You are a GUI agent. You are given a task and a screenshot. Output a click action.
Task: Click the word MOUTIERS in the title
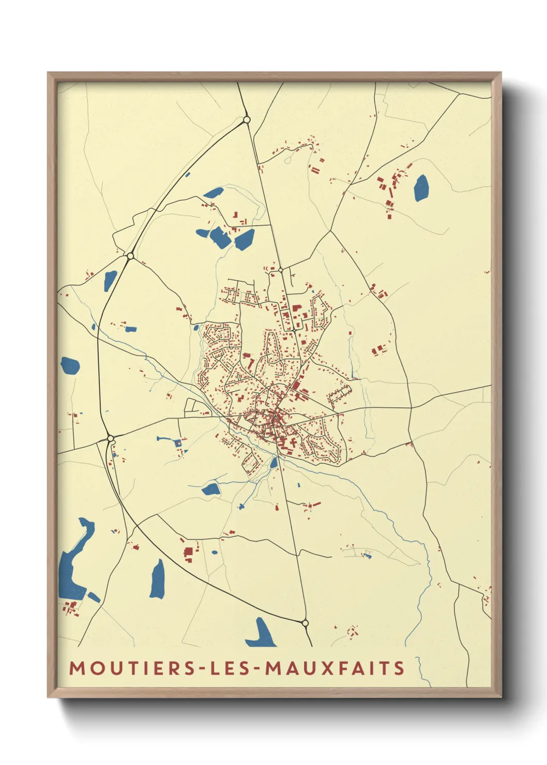[x=131, y=668]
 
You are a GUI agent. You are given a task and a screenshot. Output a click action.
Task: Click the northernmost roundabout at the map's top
[x=247, y=120]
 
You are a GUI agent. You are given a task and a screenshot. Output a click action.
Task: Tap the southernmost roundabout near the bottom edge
[x=305, y=623]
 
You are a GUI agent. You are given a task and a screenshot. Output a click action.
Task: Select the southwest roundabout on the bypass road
[x=110, y=438]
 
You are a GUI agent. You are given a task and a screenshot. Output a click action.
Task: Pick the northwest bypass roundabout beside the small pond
[x=130, y=256]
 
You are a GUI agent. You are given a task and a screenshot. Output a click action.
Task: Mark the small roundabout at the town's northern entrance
[x=281, y=270]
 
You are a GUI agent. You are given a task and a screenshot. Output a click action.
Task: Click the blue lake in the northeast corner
[x=421, y=188]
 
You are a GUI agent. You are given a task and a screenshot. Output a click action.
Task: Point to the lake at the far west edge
[x=70, y=365]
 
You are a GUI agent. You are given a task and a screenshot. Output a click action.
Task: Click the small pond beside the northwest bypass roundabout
[x=110, y=281]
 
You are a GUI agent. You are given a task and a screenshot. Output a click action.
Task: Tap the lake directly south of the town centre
[x=211, y=489]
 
